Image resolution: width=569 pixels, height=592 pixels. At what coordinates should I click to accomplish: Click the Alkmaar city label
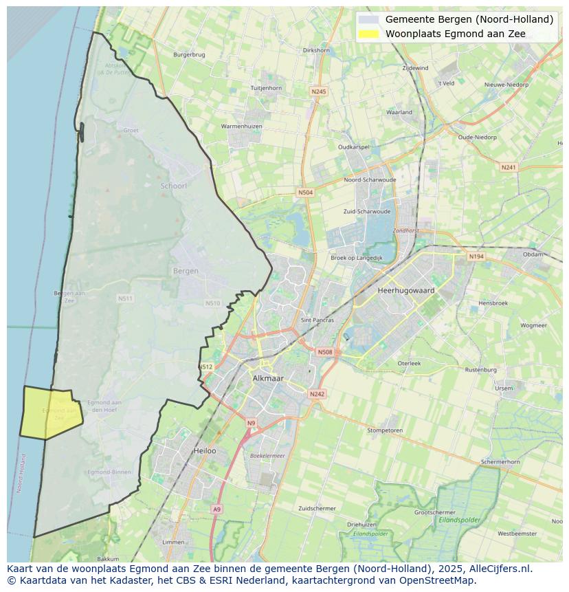pos(268,378)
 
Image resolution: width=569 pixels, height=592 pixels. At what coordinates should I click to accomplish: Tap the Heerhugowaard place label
pos(406,291)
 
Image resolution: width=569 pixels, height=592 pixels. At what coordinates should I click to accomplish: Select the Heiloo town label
pos(205,451)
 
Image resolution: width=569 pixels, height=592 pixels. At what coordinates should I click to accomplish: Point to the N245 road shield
pos(319,91)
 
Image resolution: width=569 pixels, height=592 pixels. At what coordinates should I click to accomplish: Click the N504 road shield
pos(306,193)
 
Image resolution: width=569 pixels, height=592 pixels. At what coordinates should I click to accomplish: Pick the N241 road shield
pos(509,167)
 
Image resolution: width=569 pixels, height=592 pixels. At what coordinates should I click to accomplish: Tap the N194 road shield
pos(476,256)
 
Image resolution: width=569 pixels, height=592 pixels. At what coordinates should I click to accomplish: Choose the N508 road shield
pos(325,352)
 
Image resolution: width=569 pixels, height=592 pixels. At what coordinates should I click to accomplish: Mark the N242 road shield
pos(317,394)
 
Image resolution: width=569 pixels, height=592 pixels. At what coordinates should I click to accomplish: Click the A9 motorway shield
pos(217,509)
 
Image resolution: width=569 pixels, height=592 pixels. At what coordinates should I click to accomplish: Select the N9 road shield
pos(251,423)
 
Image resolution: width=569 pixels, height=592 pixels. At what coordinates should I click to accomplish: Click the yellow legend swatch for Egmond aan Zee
pos(369,34)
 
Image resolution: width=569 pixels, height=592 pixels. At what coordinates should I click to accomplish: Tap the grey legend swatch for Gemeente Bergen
pos(369,19)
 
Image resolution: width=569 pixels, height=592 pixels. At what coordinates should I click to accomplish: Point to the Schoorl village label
pos(173,186)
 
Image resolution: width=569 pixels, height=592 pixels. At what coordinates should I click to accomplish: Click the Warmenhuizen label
pos(242,127)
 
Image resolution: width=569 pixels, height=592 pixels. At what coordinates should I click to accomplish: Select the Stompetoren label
pos(385,430)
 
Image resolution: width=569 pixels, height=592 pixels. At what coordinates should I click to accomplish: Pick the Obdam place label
pos(533,254)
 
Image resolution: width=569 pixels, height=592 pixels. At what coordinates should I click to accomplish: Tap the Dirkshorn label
pos(316,50)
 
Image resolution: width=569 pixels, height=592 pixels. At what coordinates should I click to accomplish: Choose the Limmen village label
pos(172,542)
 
